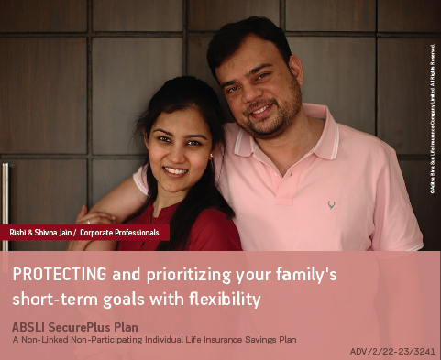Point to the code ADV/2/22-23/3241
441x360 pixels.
tap(391, 350)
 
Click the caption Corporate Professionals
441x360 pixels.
tap(119, 233)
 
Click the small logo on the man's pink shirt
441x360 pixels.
tap(331, 203)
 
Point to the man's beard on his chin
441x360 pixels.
tap(264, 128)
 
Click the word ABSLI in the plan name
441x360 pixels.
tap(30, 326)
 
